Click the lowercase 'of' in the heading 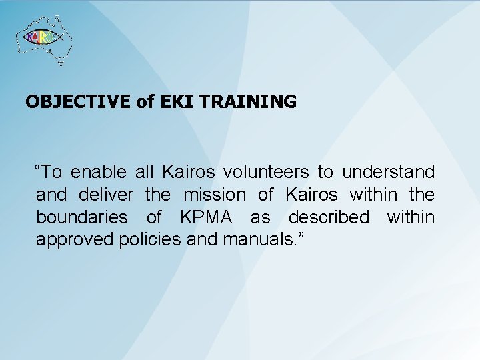click(x=145, y=102)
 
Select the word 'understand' click(x=389, y=173)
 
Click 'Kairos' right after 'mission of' click(x=309, y=195)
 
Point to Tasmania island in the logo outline click(x=61, y=64)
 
